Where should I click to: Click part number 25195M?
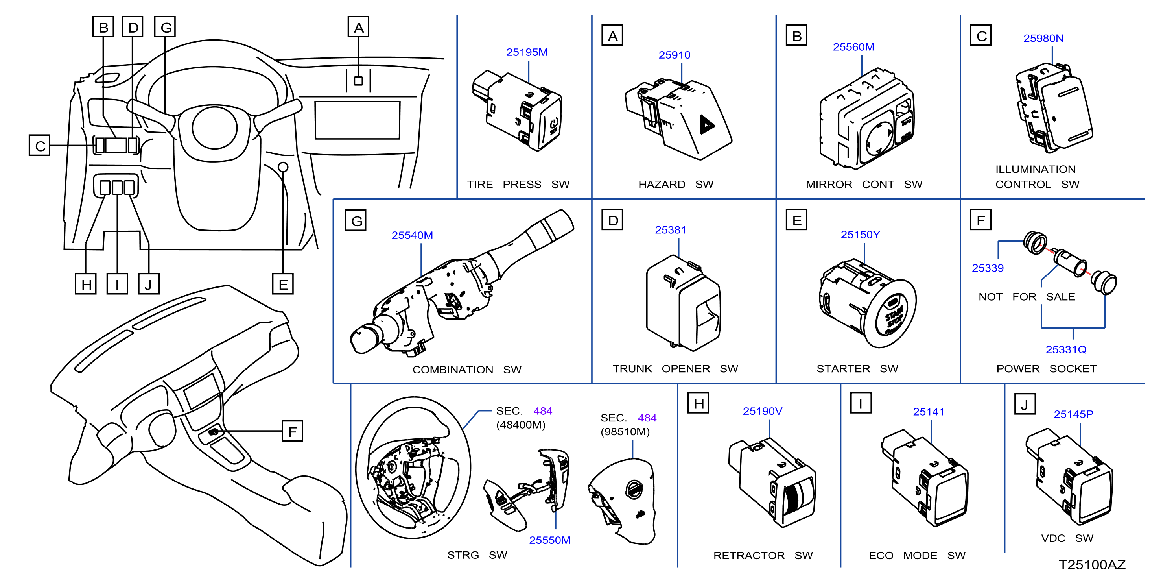(x=527, y=52)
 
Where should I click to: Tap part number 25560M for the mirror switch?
(x=853, y=47)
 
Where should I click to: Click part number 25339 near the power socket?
(x=988, y=268)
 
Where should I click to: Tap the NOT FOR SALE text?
(x=1027, y=297)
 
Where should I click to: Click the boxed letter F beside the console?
(x=293, y=431)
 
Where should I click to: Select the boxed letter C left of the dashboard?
(x=40, y=146)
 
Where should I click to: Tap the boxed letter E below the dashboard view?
(x=283, y=284)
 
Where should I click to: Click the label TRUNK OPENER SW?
(x=675, y=369)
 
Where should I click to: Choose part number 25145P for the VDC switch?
(x=1073, y=414)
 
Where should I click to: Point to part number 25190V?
(x=763, y=411)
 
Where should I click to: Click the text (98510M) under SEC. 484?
(x=625, y=432)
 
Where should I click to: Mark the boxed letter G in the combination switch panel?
(x=356, y=221)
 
